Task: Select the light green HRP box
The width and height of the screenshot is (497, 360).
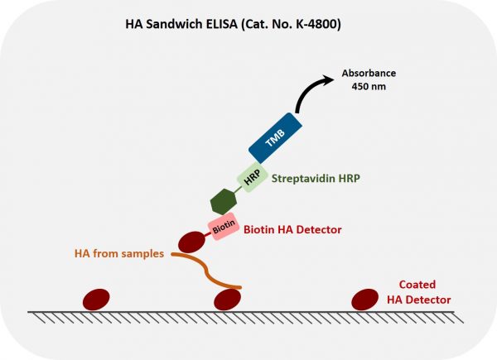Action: click(x=252, y=176)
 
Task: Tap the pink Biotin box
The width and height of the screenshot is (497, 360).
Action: click(x=221, y=225)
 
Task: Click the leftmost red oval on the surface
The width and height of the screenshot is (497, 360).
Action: click(x=94, y=297)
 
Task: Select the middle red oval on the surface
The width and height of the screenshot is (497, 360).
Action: click(x=228, y=299)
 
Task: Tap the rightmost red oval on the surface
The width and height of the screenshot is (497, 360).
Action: click(x=365, y=298)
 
